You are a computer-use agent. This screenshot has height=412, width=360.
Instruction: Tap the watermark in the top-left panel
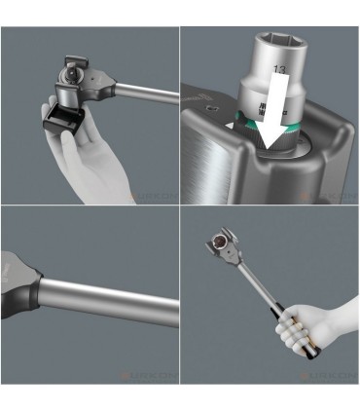click(x=151, y=195)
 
